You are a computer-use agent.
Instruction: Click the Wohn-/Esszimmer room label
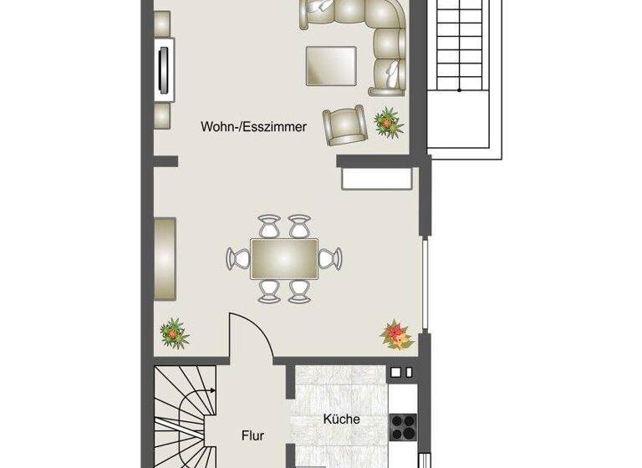pos(253,128)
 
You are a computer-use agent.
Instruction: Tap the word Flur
pos(252,435)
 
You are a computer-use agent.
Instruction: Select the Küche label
pos(341,419)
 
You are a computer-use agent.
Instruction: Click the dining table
pos(284,258)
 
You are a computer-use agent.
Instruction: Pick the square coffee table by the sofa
pos(331,65)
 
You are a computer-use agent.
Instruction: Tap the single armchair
pos(345,125)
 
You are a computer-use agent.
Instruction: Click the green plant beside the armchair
pos(389,122)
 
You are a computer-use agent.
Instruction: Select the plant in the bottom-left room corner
pos(174,333)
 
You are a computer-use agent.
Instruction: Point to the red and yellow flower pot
pos(395,335)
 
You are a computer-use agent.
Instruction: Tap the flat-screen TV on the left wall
pos(164,69)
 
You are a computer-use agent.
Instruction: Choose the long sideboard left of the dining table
pos(166,258)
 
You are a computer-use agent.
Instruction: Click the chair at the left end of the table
pos(238,258)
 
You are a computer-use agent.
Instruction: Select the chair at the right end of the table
pos(330,258)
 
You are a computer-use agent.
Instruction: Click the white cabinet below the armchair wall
pos(376,179)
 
